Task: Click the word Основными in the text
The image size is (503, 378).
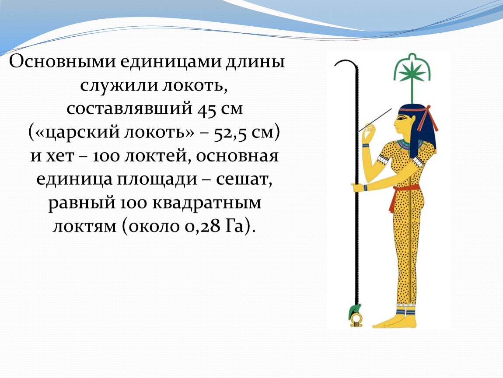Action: coord(63,61)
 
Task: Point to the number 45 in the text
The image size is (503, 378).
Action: coord(206,109)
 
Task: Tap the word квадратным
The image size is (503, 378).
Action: coord(206,203)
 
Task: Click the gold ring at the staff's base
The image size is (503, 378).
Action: coord(356,320)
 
